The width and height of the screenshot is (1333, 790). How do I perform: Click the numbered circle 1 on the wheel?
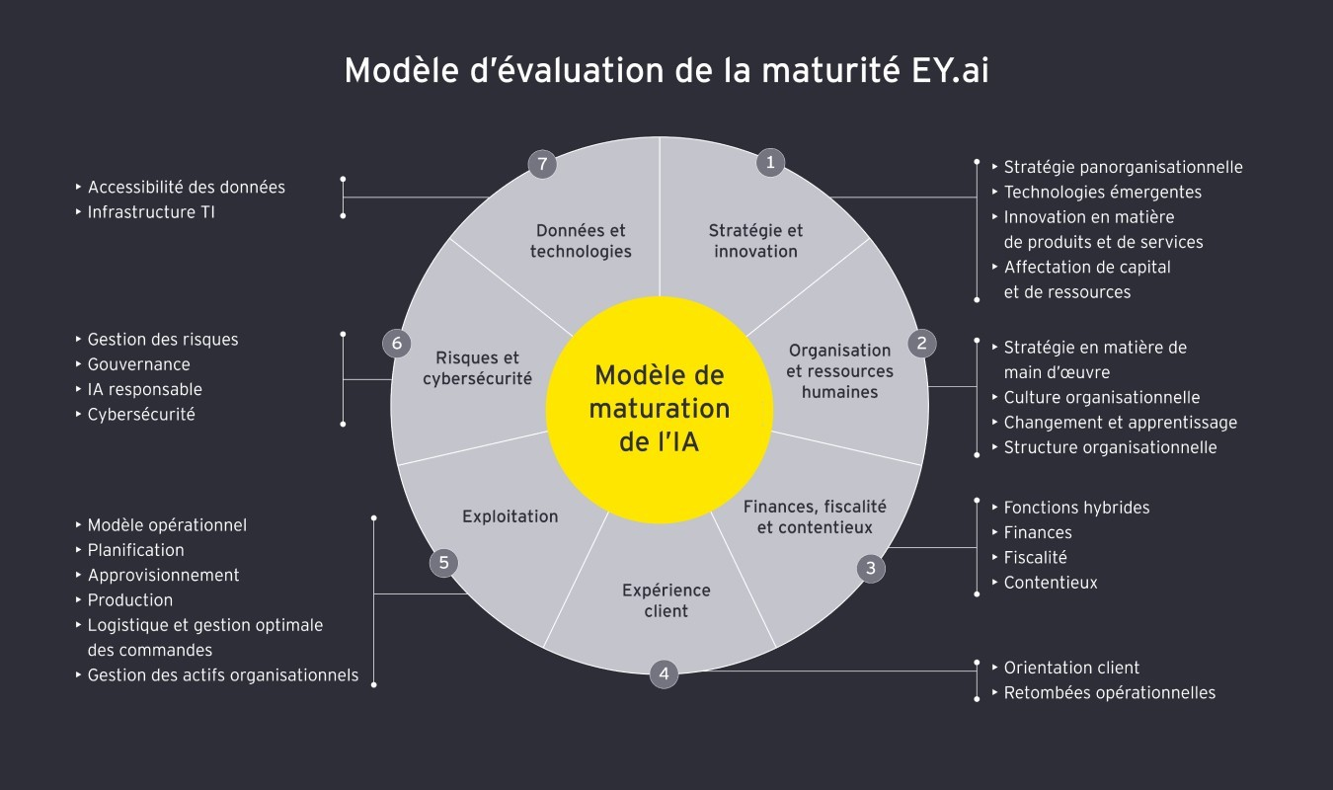770,163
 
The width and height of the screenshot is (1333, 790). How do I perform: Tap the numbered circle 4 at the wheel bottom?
664,674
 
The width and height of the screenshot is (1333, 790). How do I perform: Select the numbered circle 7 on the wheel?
541,164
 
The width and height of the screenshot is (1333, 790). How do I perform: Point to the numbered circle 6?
396,344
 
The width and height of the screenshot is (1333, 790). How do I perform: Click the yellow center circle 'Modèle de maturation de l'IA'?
660,408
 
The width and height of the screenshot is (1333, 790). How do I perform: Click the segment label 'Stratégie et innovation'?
755,241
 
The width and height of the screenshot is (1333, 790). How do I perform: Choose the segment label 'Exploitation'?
510,516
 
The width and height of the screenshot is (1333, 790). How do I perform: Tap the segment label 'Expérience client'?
666,600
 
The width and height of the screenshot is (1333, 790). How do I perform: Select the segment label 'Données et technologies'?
581,241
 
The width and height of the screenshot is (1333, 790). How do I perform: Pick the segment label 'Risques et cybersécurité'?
477,367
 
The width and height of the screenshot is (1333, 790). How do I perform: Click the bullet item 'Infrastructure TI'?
150,212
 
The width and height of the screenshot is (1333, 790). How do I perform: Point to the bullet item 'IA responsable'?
144,389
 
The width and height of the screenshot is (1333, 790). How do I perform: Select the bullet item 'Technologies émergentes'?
1102,192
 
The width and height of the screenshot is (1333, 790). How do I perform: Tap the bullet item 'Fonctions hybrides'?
1076,508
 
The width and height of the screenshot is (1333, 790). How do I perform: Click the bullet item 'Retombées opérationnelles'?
1109,692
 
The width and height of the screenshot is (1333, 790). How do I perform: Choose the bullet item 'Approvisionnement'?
163,575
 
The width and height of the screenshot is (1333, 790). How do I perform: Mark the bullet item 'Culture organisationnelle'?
1101,397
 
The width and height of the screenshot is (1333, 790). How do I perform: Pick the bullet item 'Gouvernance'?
138,364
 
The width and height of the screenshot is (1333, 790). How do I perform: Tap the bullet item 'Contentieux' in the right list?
1050,583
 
